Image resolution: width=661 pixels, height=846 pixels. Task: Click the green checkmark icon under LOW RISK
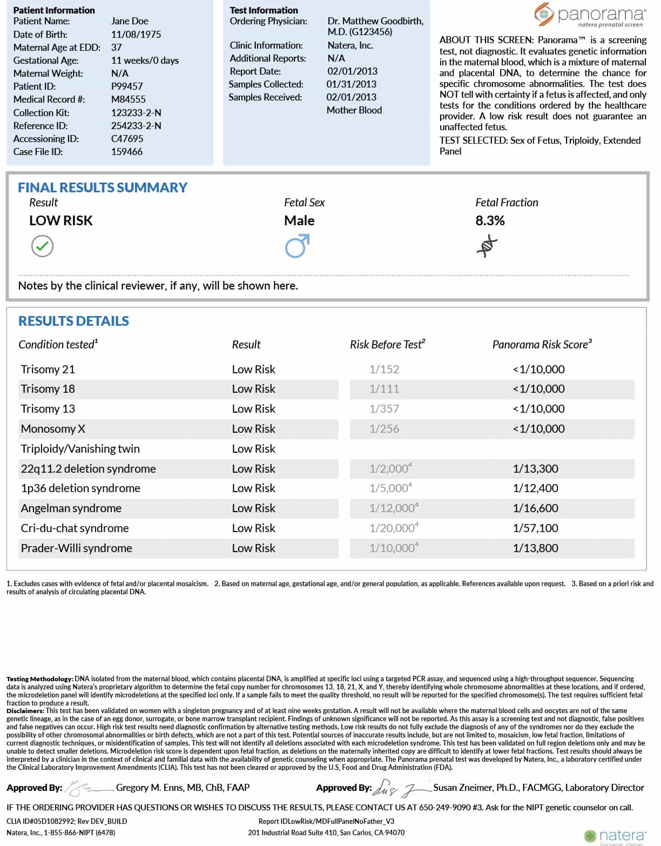tap(42, 246)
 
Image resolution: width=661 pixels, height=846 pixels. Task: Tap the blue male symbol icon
tap(297, 246)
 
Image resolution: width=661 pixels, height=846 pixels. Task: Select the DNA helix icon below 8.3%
tap(487, 246)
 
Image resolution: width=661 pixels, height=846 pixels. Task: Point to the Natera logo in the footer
tap(615, 836)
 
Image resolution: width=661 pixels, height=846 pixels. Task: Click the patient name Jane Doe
tap(130, 21)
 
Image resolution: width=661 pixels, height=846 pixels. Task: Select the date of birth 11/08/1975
tap(136, 34)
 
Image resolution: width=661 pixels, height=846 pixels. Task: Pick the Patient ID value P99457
tap(127, 86)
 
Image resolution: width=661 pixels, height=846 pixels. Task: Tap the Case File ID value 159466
tap(127, 152)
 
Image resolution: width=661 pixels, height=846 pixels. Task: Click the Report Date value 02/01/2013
tap(352, 71)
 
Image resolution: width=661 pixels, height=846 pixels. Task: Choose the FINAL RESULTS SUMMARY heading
tap(103, 187)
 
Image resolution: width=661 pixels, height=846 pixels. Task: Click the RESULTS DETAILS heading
tap(74, 321)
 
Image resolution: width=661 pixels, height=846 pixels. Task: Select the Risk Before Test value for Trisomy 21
tap(384, 370)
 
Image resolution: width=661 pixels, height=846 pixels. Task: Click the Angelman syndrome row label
tap(71, 508)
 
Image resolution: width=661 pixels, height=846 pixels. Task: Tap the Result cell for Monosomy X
tap(253, 429)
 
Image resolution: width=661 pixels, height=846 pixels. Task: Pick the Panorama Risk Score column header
tap(542, 345)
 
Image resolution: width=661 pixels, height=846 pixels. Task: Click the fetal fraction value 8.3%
tap(490, 220)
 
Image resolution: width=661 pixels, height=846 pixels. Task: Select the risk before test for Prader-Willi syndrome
tap(393, 548)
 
